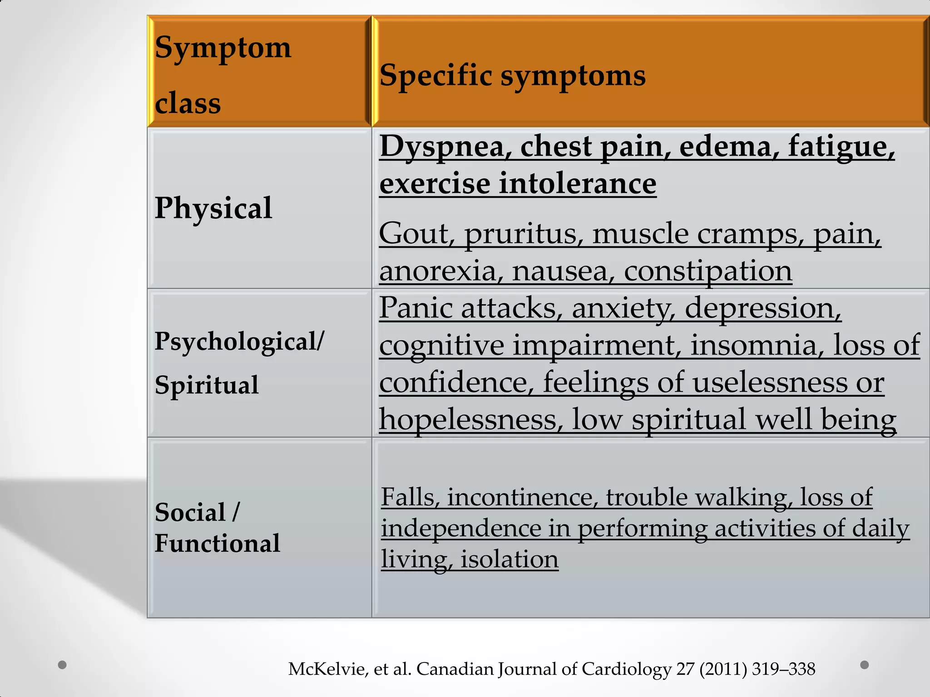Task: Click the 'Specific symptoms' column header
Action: pyautogui.click(x=512, y=76)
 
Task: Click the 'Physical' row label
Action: pyautogui.click(x=213, y=208)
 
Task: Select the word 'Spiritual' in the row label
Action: pyautogui.click(x=207, y=385)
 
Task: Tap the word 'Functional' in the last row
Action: pyautogui.click(x=217, y=543)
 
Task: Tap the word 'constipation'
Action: pyautogui.click(x=708, y=272)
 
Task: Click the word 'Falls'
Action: pyautogui.click(x=410, y=497)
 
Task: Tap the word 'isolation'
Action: pyautogui.click(x=510, y=559)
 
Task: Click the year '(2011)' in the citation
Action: pyautogui.click(x=723, y=669)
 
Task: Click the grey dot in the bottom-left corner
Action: pyautogui.click(x=63, y=665)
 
